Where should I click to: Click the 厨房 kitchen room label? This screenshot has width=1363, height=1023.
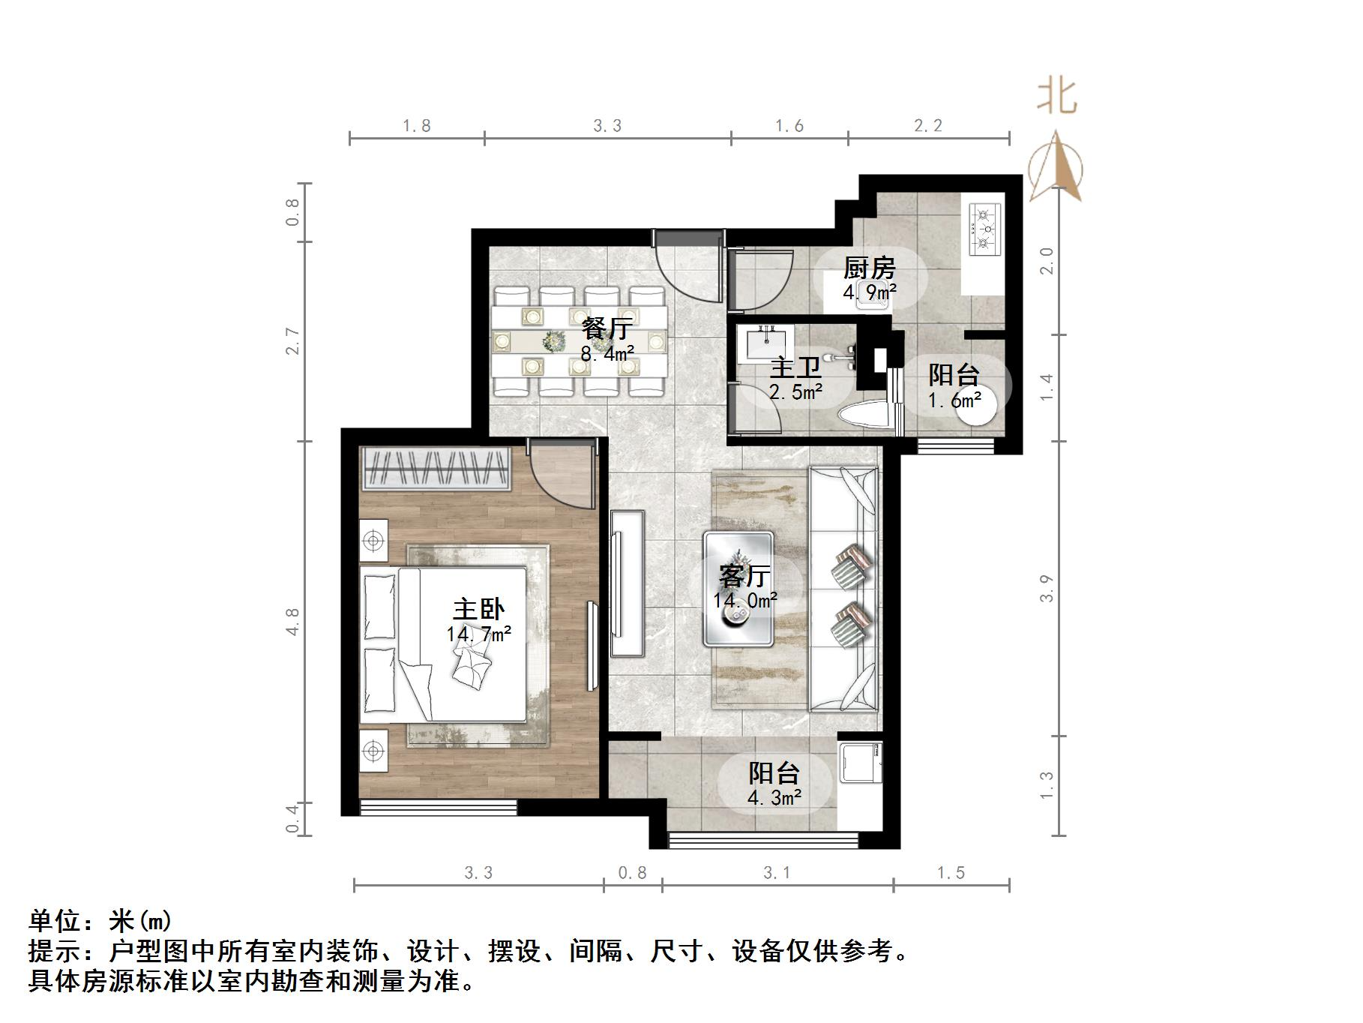870,268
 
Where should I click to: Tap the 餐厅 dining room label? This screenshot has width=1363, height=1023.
607,328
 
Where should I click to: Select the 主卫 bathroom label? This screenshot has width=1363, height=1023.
796,367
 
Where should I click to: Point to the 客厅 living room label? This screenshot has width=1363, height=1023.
744,576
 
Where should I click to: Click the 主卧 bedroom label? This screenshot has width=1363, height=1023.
478,609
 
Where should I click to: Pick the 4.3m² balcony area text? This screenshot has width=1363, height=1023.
774,797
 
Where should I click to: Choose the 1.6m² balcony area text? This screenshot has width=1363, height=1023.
954,400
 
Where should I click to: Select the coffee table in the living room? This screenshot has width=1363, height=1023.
738,588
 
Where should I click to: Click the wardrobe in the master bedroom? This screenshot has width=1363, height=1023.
435,469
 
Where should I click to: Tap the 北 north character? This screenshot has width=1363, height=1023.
1057,97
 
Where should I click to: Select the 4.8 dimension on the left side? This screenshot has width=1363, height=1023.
292,622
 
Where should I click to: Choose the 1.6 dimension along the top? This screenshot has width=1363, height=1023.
789,126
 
